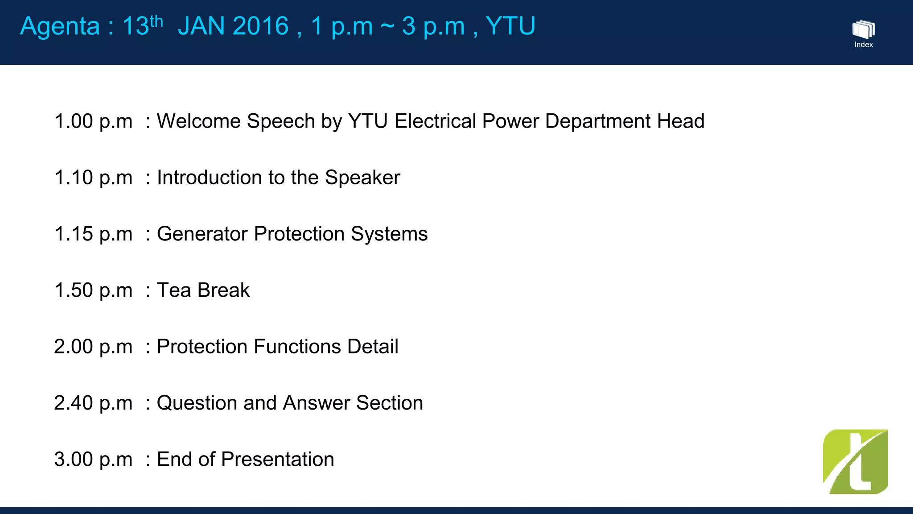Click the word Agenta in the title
pyautogui.click(x=60, y=27)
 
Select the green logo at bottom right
pyautogui.click(x=855, y=462)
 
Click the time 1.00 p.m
pyautogui.click(x=93, y=121)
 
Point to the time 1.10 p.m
pyautogui.click(x=93, y=178)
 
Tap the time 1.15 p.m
pyautogui.click(x=93, y=234)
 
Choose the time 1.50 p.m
pyautogui.click(x=93, y=290)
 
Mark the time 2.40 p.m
pyautogui.click(x=93, y=403)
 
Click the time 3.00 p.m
pyautogui.click(x=93, y=459)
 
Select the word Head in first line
pyautogui.click(x=680, y=121)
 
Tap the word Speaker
pyautogui.click(x=362, y=178)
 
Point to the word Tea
pyautogui.click(x=174, y=290)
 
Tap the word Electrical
pyautogui.click(x=435, y=121)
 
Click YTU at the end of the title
pyautogui.click(x=510, y=26)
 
